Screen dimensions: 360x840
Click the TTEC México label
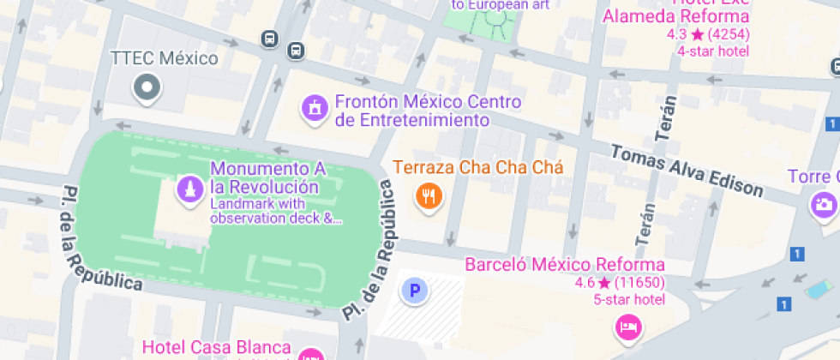(x=165, y=59)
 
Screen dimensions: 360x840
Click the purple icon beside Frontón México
(x=315, y=108)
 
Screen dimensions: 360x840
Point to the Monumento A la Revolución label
(x=265, y=177)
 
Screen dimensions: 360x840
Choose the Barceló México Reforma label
(x=565, y=264)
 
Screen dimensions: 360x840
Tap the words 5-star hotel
(x=628, y=299)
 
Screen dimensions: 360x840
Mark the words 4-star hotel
(x=713, y=51)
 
